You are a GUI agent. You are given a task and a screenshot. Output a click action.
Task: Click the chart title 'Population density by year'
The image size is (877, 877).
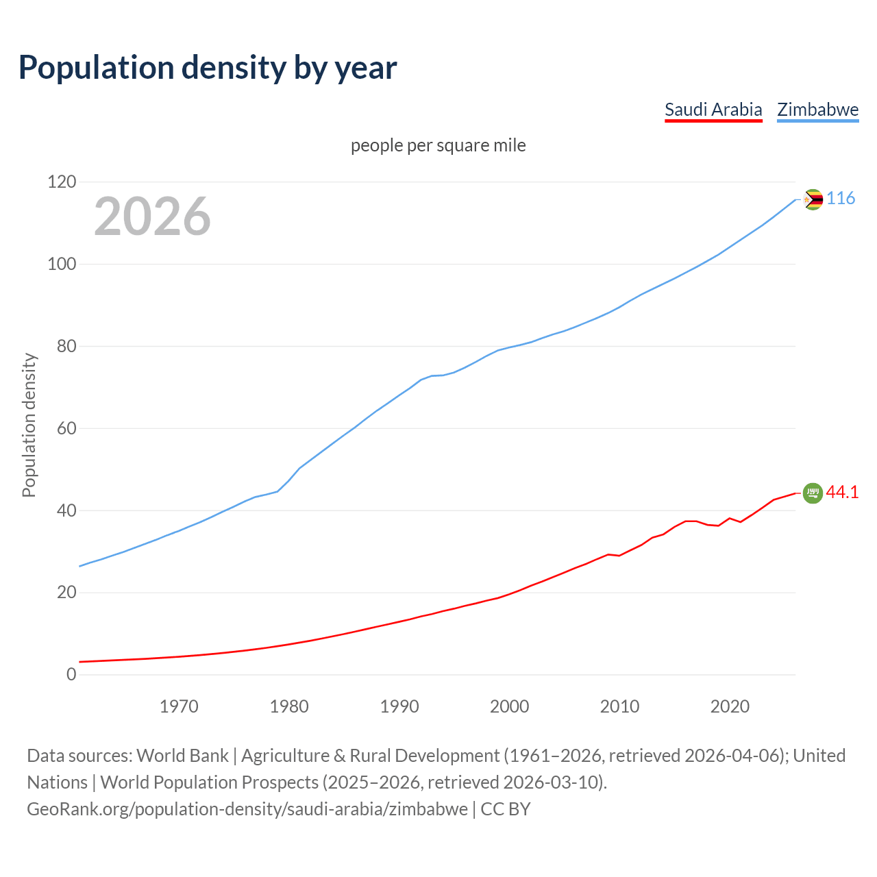[x=208, y=68]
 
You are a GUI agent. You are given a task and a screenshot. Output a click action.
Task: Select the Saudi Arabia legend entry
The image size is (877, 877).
[x=713, y=110]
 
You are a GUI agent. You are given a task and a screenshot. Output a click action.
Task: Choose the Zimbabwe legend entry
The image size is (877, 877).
[x=817, y=110]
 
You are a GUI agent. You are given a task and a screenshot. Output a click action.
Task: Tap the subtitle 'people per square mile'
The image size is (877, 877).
[x=438, y=146]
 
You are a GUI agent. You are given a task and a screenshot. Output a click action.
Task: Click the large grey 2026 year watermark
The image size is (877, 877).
[x=152, y=217]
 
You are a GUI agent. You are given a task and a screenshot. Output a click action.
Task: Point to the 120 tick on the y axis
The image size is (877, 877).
[x=62, y=182]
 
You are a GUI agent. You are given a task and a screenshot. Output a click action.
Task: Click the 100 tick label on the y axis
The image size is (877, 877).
[x=62, y=264]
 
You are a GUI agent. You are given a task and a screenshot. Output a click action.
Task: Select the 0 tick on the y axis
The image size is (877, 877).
[x=71, y=675]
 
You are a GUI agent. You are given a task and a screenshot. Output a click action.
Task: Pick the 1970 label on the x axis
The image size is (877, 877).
[x=179, y=706]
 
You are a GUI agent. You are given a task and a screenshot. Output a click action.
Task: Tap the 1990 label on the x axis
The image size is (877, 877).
[x=399, y=706]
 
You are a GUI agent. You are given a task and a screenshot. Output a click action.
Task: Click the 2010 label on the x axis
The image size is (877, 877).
[x=619, y=706]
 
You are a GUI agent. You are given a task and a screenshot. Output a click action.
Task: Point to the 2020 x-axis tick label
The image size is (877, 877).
[x=730, y=706]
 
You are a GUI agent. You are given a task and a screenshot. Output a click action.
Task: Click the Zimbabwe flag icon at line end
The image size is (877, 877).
[x=813, y=199]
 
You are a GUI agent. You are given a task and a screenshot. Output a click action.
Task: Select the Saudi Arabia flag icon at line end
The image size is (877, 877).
[x=813, y=493]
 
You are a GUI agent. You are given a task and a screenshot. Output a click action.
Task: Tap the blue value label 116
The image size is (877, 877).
[x=841, y=199]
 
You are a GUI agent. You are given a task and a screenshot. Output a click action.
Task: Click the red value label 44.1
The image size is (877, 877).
[x=842, y=493]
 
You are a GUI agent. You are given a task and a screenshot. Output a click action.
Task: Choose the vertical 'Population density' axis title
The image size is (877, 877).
[x=29, y=425]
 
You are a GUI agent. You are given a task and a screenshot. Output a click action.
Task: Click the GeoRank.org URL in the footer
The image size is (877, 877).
[x=247, y=809]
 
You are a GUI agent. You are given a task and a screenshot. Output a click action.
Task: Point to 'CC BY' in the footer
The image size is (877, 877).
[x=506, y=809]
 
